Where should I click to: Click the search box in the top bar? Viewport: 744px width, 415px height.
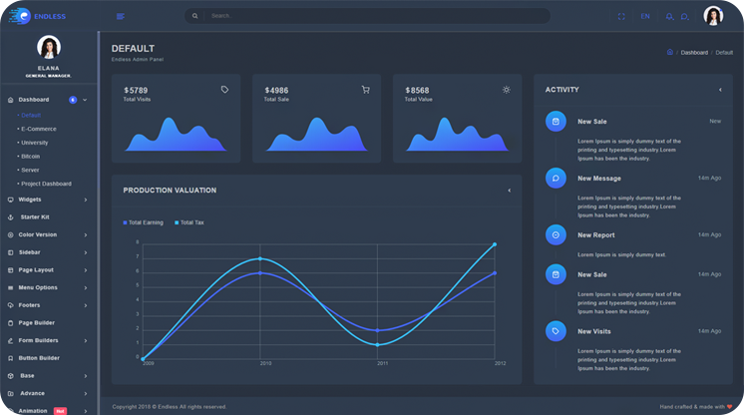click(x=369, y=16)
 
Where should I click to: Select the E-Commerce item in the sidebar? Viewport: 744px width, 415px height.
click(x=37, y=129)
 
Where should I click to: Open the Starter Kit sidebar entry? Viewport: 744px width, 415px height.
click(x=35, y=216)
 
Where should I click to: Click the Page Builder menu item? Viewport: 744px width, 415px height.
click(x=36, y=322)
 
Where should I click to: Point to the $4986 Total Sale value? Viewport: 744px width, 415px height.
click(x=276, y=91)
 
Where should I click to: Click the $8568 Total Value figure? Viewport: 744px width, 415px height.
click(x=417, y=91)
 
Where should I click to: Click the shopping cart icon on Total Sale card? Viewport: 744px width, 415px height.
click(x=365, y=90)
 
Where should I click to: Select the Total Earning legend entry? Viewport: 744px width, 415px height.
click(x=143, y=222)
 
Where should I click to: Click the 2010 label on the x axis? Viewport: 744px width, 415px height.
click(x=265, y=364)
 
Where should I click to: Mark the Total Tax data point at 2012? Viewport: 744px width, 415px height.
click(x=494, y=244)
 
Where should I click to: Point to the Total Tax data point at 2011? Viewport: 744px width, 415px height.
click(x=377, y=344)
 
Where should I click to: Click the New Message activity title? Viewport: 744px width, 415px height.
click(x=598, y=179)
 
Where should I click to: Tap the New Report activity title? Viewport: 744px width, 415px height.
click(x=595, y=235)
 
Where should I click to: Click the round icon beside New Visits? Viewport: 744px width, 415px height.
click(x=556, y=330)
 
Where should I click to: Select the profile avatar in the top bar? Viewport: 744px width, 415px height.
click(x=713, y=16)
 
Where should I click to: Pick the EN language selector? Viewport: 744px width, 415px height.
click(x=645, y=16)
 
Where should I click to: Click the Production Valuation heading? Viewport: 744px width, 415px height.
click(x=170, y=190)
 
